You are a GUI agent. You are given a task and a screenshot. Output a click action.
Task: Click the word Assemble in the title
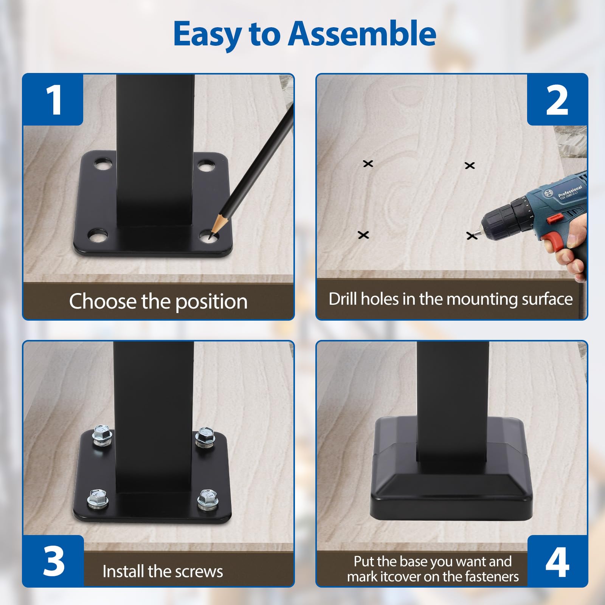[x=362, y=34]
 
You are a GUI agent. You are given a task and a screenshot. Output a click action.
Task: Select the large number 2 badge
[x=557, y=99]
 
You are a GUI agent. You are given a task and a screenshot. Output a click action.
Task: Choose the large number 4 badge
[x=557, y=561]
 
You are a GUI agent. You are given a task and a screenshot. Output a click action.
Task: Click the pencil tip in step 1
[x=210, y=237]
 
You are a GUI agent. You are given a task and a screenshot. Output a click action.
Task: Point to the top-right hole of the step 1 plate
[x=206, y=166]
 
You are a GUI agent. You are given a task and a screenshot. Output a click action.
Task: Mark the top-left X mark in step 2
[x=368, y=164]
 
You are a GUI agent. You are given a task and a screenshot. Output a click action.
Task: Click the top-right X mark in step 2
[x=470, y=165]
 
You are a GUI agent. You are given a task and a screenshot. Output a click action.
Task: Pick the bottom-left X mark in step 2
[x=363, y=235]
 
